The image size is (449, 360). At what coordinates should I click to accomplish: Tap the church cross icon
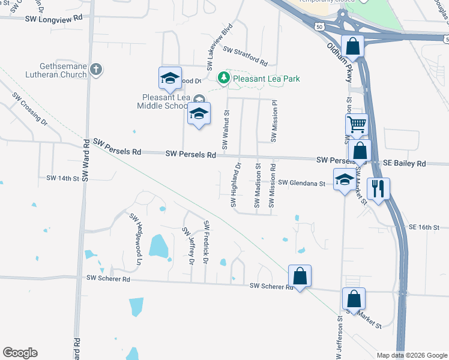coord(95,70)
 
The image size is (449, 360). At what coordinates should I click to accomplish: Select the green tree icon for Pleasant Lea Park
coord(223,78)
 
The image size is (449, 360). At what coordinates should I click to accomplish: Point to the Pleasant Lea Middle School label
coord(166,101)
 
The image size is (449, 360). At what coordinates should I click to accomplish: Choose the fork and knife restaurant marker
coord(379,189)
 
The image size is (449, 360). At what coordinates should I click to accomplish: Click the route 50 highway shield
coord(319,26)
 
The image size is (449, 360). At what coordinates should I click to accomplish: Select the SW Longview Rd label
coord(53,19)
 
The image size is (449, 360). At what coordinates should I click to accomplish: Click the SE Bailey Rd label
coord(404,163)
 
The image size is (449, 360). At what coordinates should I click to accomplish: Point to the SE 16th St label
coord(424,227)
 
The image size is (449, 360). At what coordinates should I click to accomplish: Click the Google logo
coord(20,353)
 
